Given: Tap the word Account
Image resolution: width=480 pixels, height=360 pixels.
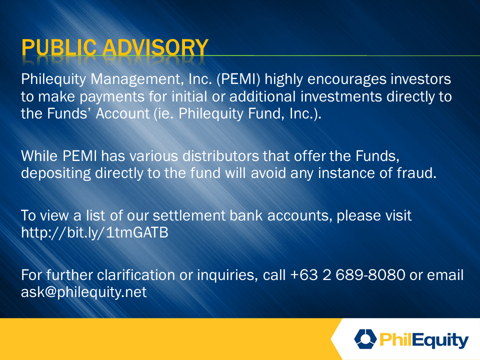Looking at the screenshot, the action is (123, 113).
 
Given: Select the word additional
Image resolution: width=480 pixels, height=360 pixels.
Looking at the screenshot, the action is (262, 96).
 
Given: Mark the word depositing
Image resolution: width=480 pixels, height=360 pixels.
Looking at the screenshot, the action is (56, 173).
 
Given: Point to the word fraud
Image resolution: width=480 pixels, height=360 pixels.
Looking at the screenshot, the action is (416, 173).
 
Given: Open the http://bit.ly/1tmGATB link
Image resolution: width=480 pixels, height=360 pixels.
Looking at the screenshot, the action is (94, 232).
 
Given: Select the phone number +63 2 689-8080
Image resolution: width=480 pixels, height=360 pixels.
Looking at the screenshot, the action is (348, 274).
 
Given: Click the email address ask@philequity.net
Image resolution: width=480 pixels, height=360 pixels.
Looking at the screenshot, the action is (83, 292).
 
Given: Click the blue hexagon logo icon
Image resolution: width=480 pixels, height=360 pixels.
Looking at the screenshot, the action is (365, 339).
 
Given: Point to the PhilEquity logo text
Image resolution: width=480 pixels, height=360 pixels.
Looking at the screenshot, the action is (424, 340).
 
